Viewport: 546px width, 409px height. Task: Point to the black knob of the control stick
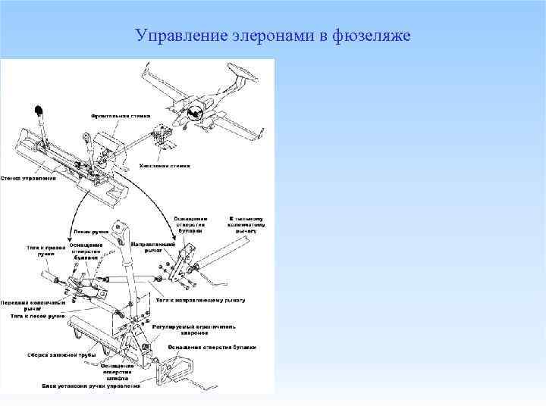coord(39,111)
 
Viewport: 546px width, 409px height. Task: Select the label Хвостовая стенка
coord(165,165)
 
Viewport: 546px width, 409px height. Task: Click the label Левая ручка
coord(89,232)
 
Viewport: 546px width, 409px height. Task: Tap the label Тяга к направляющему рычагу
coord(200,301)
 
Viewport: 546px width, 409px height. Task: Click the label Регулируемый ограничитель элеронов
coord(193,330)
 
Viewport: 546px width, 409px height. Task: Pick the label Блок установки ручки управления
coord(91,386)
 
